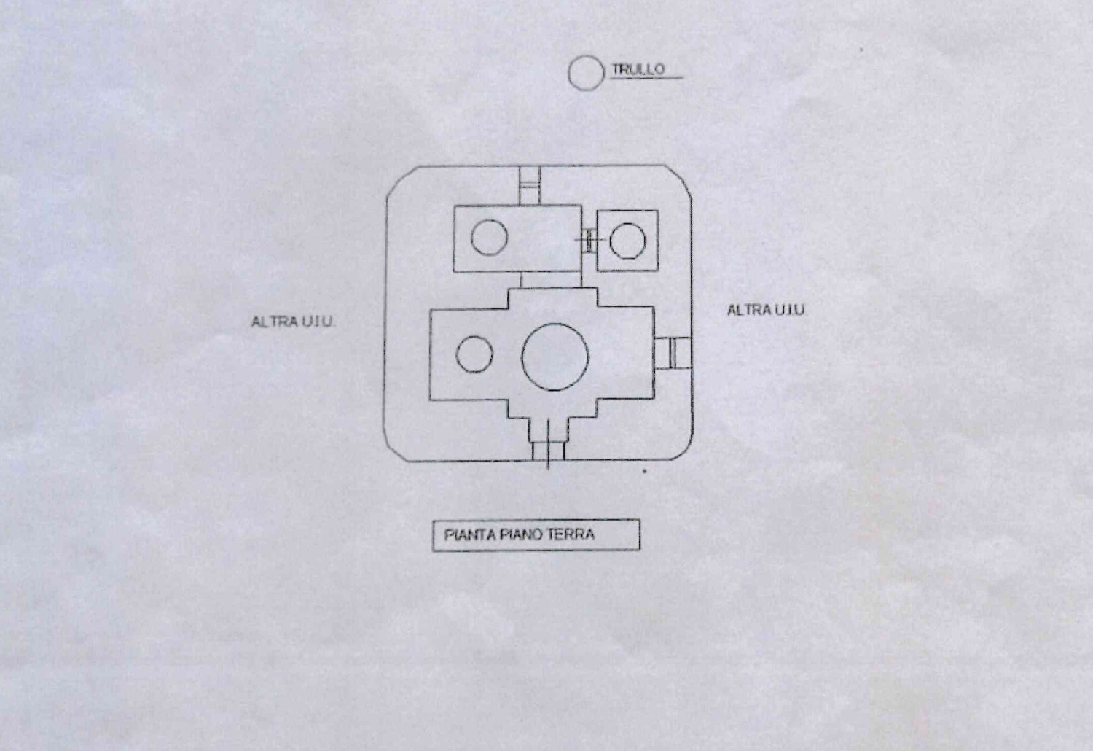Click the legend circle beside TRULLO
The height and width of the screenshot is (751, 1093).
585,73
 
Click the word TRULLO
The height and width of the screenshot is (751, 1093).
638,69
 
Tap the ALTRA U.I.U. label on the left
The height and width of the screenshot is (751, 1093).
293,322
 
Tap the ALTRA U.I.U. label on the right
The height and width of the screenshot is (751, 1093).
766,310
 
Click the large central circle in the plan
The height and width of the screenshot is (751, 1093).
555,357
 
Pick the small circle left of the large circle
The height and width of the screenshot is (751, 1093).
474,354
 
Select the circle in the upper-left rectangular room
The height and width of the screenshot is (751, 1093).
489,238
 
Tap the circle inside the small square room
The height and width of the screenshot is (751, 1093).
627,241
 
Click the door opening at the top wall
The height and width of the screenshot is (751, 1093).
530,186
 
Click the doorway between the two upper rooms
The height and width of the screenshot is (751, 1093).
589,240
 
